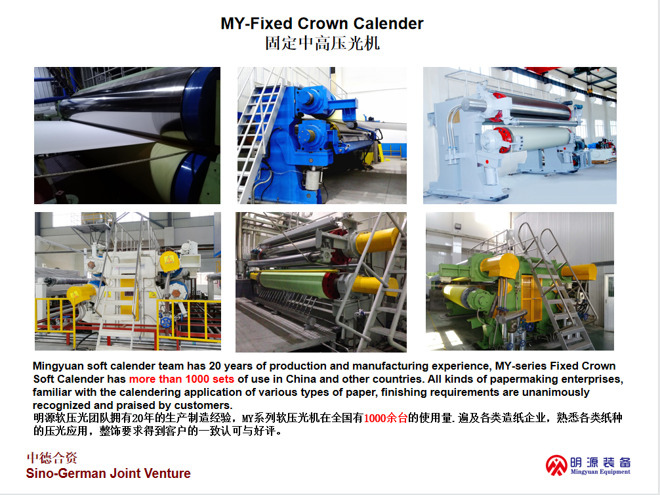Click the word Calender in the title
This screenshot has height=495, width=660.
point(388,23)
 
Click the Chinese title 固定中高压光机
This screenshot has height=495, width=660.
point(322,43)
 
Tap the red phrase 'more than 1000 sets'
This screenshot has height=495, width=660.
point(182,379)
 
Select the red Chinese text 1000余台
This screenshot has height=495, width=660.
point(386,418)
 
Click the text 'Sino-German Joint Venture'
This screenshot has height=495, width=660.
point(108,473)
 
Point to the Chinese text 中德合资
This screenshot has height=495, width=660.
point(52,458)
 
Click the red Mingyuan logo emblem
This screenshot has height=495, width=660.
point(556,465)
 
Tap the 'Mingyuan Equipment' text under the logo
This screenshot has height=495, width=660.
point(600,472)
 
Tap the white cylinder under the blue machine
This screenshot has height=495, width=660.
point(313,179)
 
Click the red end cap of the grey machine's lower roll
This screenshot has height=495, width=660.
point(503,140)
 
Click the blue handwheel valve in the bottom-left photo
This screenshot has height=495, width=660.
point(166,323)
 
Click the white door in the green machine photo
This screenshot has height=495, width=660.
point(609,301)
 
